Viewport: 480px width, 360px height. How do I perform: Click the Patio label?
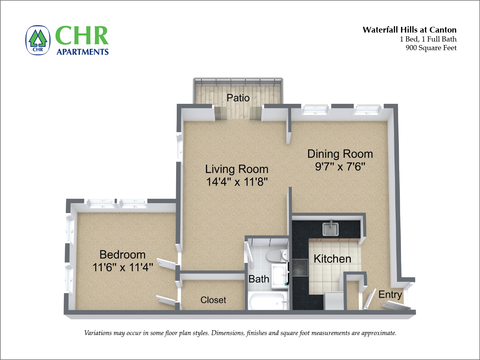pos(238,98)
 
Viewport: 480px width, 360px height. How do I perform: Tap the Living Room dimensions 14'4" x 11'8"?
pos(237,182)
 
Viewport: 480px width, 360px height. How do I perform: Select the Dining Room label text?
pos(340,154)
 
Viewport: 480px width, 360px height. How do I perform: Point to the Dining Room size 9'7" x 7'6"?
pos(340,167)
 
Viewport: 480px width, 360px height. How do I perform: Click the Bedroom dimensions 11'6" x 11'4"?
pos(123,267)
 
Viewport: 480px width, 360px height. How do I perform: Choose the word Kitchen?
pos(332,259)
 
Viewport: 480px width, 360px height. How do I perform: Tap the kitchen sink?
pos(330,229)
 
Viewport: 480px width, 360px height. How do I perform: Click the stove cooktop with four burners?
pos(300,267)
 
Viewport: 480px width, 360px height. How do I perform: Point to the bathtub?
pos(267,302)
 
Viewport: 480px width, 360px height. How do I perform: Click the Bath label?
pos(259,279)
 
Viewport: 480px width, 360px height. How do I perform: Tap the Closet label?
pos(213,300)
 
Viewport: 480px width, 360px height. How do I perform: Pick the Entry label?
pos(390,295)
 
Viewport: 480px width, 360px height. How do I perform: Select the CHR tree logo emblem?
pos(38,40)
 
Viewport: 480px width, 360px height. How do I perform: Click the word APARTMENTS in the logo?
pos(82,52)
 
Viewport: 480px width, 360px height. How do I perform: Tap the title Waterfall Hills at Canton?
pos(409,30)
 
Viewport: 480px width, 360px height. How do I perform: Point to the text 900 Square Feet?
pos(431,48)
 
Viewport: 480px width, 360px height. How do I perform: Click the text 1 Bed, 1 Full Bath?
pos(428,39)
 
